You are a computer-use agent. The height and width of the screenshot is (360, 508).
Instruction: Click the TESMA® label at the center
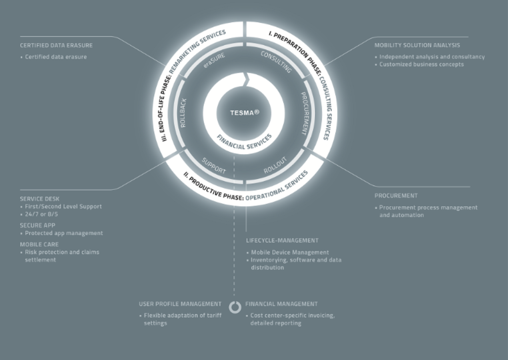244,113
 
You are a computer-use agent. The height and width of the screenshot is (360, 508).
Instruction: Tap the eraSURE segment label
214,62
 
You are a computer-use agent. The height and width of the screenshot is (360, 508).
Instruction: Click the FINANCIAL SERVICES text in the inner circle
244,142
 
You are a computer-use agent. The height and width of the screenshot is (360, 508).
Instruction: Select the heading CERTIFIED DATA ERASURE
56,46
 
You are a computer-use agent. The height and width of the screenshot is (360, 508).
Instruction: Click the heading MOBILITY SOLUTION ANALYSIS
417,46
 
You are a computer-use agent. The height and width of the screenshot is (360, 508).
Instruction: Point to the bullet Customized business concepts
421,64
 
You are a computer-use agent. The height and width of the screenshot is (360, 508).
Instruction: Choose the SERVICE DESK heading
39,198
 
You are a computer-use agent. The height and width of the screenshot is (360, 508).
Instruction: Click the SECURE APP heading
38,225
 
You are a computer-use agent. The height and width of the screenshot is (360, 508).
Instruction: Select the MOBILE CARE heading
39,244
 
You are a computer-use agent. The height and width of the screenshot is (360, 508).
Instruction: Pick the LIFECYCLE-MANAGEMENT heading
282,241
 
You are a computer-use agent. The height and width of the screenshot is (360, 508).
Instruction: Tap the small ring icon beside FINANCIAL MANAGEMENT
235,307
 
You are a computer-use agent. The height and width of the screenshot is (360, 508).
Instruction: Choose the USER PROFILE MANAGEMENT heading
180,304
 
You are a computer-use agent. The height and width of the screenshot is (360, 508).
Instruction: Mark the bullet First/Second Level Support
63,206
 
